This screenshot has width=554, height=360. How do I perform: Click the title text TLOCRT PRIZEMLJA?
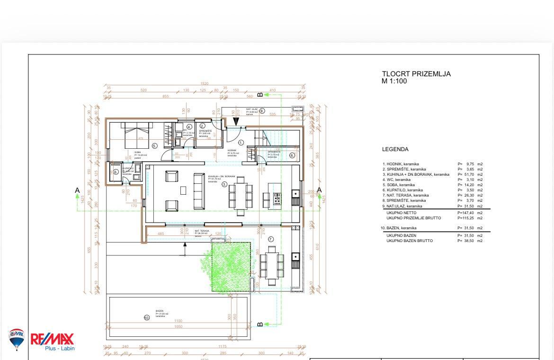pyautogui.click(x=416, y=74)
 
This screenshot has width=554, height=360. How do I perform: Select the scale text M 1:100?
pyautogui.click(x=394, y=81)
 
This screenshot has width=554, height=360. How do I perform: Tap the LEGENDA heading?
pyautogui.click(x=395, y=149)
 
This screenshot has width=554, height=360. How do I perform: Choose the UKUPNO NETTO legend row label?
pyautogui.click(x=402, y=213)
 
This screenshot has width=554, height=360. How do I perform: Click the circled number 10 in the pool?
pyautogui.click(x=147, y=317)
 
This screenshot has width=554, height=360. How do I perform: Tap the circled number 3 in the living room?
pyautogui.click(x=225, y=184)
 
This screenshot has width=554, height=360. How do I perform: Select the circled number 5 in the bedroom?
pyautogui.click(x=154, y=146)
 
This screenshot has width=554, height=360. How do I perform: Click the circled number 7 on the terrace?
pyautogui.click(x=271, y=239)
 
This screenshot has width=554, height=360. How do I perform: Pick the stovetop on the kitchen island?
pyautogui.click(x=277, y=198)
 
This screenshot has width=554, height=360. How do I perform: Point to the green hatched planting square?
pyautogui.click(x=231, y=267)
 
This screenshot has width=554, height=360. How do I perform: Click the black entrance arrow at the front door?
pyautogui.click(x=236, y=122)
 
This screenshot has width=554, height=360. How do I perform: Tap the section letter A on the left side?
pyautogui.click(x=77, y=190)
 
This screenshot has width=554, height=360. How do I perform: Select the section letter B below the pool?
pyautogui.click(x=259, y=324)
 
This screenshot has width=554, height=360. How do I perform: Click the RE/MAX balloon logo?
pyautogui.click(x=17, y=338)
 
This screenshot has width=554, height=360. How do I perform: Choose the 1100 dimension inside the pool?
pyautogui.click(x=178, y=321)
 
